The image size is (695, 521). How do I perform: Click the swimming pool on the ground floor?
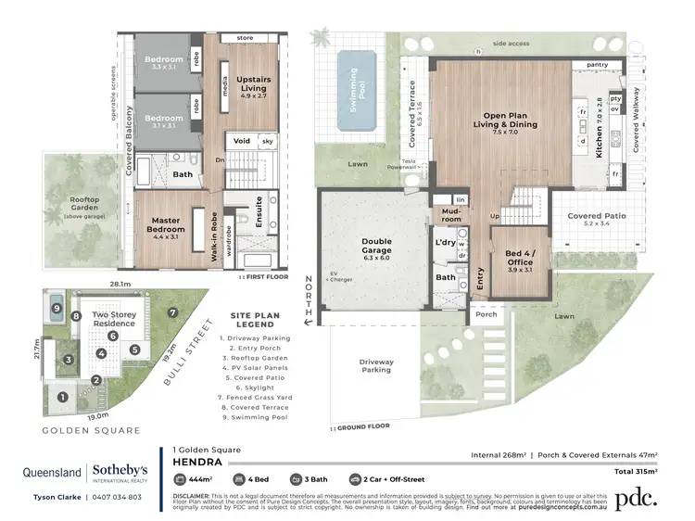(x=360, y=90)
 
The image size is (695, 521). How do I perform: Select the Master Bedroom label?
(x=168, y=223)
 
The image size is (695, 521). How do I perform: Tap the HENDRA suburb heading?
(x=196, y=459)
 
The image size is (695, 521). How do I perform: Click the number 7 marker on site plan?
(x=172, y=312)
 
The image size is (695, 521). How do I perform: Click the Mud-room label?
(x=450, y=217)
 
